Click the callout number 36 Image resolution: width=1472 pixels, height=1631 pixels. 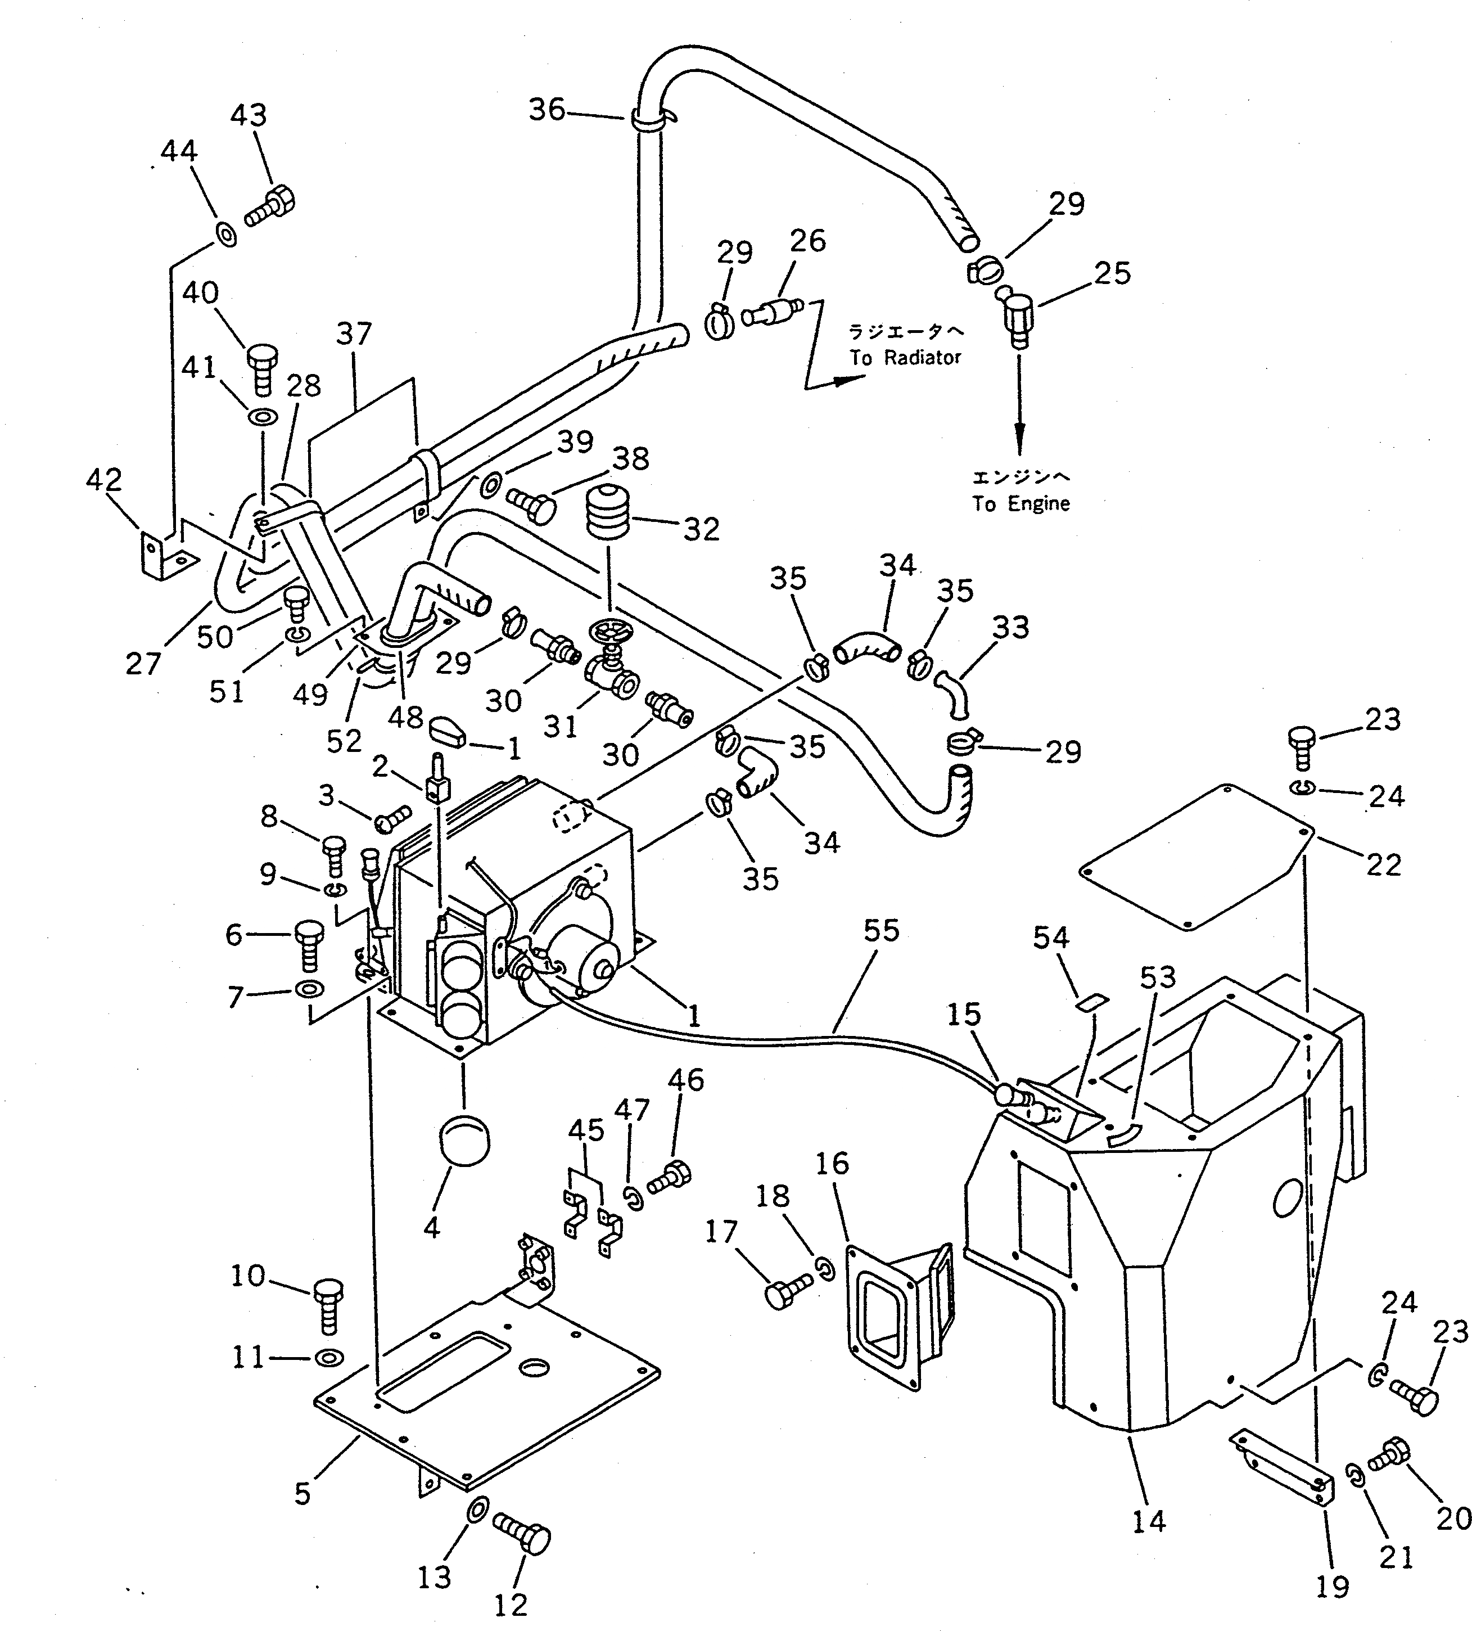tap(547, 109)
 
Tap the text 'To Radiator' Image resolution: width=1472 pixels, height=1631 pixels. tap(905, 358)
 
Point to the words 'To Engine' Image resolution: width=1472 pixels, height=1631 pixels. tap(1021, 504)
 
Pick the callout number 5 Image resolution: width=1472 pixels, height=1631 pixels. tap(302, 1493)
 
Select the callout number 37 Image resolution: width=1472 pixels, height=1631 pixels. tap(354, 334)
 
